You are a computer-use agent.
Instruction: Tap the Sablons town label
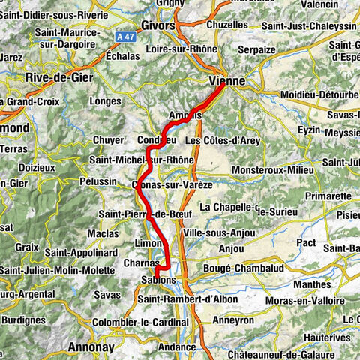(157, 280)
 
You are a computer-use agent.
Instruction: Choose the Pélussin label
(114, 181)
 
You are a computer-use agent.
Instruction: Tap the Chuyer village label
(107, 139)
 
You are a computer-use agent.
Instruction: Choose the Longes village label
(103, 100)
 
